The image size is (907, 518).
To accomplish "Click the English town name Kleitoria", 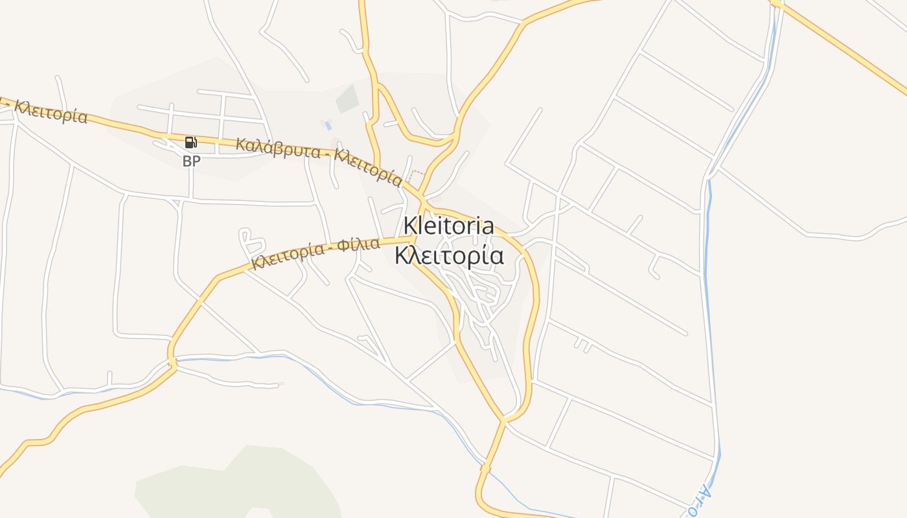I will click(x=448, y=225).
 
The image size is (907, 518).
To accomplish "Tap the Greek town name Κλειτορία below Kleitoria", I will click(x=449, y=256).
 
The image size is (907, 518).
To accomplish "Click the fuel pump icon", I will click(x=190, y=142).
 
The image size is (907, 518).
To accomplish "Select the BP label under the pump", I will click(x=191, y=161).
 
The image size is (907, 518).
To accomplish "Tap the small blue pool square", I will click(x=328, y=125).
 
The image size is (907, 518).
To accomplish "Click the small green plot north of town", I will click(x=347, y=98).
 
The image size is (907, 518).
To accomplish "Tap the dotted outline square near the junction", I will click(x=416, y=176).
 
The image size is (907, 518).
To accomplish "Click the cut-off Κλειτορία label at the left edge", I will click(x=49, y=111).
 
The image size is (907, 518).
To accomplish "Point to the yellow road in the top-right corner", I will click(x=842, y=45).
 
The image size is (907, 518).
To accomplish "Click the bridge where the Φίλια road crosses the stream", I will click(x=172, y=363).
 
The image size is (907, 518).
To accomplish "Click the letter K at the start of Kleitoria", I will click(x=409, y=225).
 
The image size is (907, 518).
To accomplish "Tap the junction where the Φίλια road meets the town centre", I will click(x=413, y=240).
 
